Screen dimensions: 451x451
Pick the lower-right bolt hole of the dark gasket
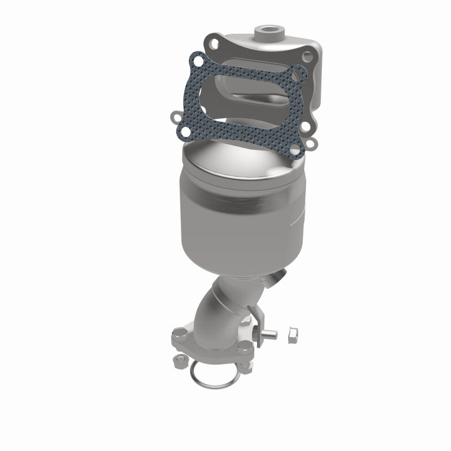point(309,146)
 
